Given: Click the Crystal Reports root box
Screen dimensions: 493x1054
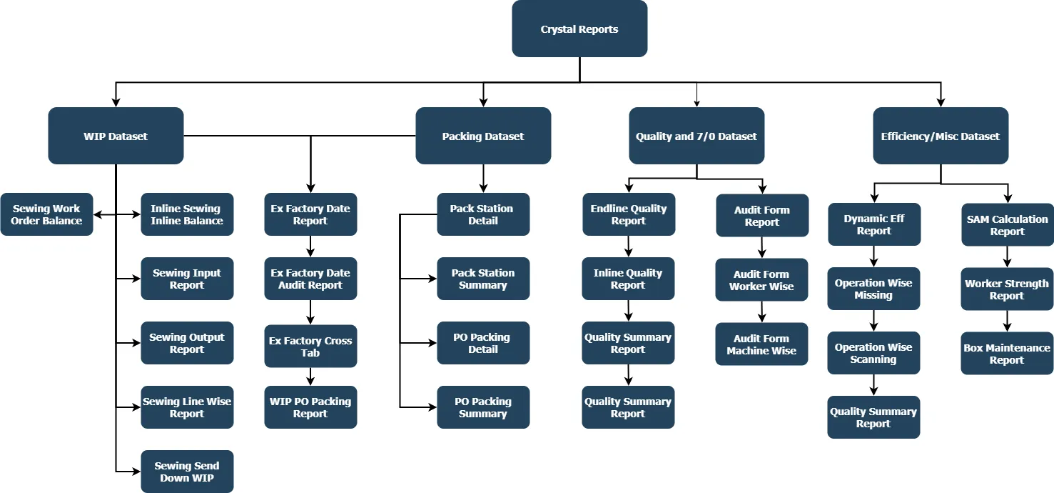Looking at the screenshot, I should (x=579, y=29).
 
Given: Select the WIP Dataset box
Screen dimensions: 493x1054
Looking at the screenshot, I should (x=116, y=136).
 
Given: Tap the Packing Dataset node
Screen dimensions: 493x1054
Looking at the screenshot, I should (x=483, y=136).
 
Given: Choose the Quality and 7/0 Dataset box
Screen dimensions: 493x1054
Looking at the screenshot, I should (x=696, y=136).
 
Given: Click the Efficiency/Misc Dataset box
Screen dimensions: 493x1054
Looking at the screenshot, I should (x=941, y=136).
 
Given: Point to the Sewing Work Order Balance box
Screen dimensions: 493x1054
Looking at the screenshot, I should (x=46, y=214).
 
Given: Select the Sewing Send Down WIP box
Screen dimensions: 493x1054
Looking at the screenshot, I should (x=187, y=472).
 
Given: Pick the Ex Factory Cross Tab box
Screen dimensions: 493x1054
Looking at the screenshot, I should (x=310, y=347).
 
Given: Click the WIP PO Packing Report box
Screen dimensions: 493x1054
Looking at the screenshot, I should (x=310, y=407).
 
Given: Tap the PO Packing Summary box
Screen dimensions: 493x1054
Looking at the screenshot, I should (x=483, y=407).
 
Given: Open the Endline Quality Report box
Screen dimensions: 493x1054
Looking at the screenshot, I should (x=629, y=214).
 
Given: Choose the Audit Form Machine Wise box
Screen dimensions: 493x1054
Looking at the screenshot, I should (x=762, y=344).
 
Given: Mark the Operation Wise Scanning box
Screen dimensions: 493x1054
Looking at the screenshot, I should (x=873, y=353).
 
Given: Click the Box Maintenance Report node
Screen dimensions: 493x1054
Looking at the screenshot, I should (x=1007, y=354).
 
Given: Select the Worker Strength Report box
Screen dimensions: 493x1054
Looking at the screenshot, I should (x=1007, y=289).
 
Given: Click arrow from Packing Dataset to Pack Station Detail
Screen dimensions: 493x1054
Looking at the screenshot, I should (x=483, y=179).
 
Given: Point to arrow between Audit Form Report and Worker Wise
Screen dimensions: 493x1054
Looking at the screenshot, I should (x=762, y=248).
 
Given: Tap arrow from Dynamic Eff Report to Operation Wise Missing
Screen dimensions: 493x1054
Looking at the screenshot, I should (x=873, y=257).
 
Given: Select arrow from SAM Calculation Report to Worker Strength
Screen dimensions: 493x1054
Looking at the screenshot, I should (x=1007, y=257).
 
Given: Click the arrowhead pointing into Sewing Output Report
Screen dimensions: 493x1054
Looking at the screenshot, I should (x=136, y=343).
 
